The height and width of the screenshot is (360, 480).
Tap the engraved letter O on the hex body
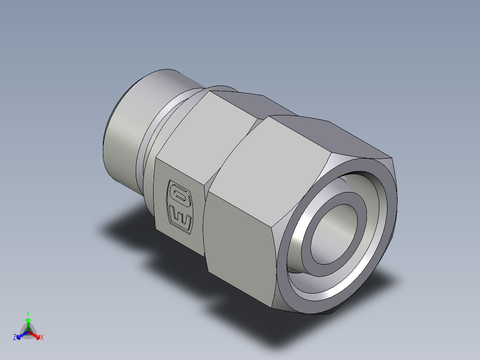click(179, 195)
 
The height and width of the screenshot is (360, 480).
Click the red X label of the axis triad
click(42, 338)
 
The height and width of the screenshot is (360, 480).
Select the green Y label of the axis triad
click(28, 313)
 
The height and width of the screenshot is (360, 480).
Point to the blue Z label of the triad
click(15, 338)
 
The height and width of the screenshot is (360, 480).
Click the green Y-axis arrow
click(28, 323)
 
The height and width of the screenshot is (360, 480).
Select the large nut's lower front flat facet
click(240, 250)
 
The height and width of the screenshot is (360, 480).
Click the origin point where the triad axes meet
click(28, 332)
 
